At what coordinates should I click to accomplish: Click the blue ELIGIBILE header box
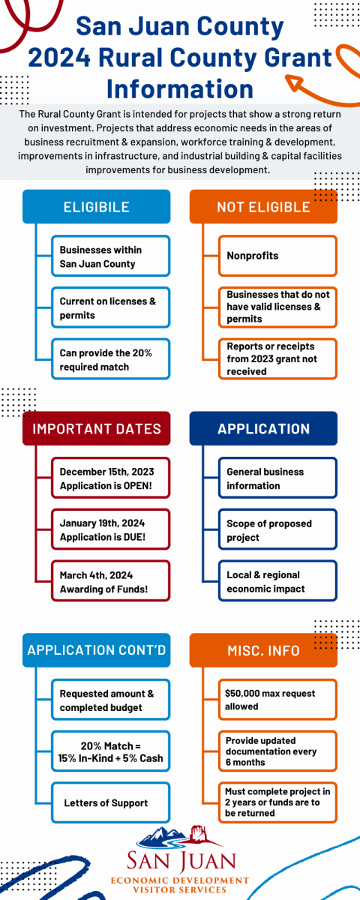coord(97,206)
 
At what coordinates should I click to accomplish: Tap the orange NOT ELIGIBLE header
coord(263,206)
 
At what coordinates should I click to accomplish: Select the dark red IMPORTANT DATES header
coord(97,428)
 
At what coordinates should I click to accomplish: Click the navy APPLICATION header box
coord(263,428)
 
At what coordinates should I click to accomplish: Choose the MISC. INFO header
coord(263,650)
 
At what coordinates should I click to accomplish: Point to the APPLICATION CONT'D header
coord(97,650)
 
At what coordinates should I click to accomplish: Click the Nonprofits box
coord(277,256)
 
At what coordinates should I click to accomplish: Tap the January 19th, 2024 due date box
coord(110,529)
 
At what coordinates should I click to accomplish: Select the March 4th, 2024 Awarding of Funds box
coord(110,581)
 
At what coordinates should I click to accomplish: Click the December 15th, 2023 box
coord(110,478)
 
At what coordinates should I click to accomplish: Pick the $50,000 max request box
coord(277,700)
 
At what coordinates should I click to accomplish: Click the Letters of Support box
coord(110,802)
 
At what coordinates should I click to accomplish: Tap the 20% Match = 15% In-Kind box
coord(110,751)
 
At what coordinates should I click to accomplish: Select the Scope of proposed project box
coord(277,529)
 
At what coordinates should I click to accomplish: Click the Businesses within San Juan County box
coord(110,256)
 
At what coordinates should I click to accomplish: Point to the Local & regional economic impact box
coord(277,581)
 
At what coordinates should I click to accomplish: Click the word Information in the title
coord(180,88)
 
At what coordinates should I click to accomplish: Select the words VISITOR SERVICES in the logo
coord(180,889)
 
